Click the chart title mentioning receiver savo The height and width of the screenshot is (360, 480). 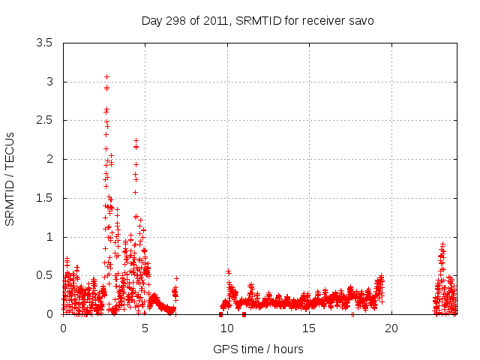point(257,20)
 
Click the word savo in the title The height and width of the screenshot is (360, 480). point(361,20)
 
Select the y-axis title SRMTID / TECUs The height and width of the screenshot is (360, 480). point(10,178)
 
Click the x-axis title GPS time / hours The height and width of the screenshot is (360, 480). point(258,349)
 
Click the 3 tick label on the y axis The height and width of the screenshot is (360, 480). point(49,82)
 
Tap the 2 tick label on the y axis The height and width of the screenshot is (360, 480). point(49,159)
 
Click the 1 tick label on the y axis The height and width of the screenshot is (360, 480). point(49,237)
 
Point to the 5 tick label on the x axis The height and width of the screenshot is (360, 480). point(145,328)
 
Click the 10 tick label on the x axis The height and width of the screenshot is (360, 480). point(227,328)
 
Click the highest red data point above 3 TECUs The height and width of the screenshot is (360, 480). point(106,76)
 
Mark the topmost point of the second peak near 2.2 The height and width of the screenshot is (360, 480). point(136,140)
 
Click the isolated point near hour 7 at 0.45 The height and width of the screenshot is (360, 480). point(177,278)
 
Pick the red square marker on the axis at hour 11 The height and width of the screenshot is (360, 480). point(244,314)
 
